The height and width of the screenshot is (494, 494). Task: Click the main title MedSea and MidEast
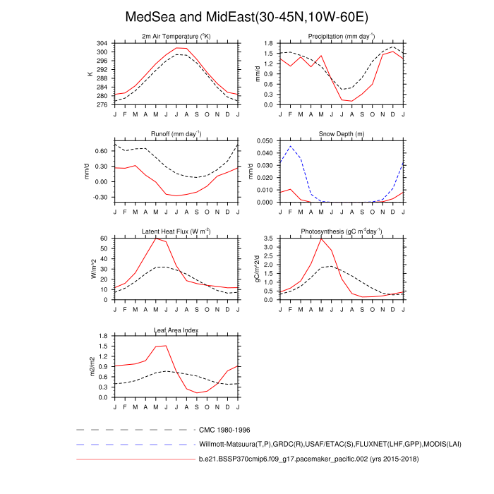(246, 16)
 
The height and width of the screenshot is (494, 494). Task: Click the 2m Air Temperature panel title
(176, 36)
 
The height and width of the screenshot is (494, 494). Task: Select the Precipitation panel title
(341, 36)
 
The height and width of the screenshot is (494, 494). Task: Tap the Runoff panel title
(176, 133)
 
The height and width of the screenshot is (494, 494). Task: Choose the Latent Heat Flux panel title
(176, 231)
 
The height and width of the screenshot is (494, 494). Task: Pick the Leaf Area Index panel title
(176, 329)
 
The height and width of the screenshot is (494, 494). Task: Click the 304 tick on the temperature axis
(103, 43)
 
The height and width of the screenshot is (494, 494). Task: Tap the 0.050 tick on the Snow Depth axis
(265, 140)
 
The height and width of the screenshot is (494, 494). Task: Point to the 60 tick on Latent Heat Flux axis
(105, 239)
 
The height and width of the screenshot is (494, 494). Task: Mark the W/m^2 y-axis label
(92, 269)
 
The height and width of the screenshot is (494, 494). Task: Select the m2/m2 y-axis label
(92, 366)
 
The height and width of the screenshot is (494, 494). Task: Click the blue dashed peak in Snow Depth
(290, 146)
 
